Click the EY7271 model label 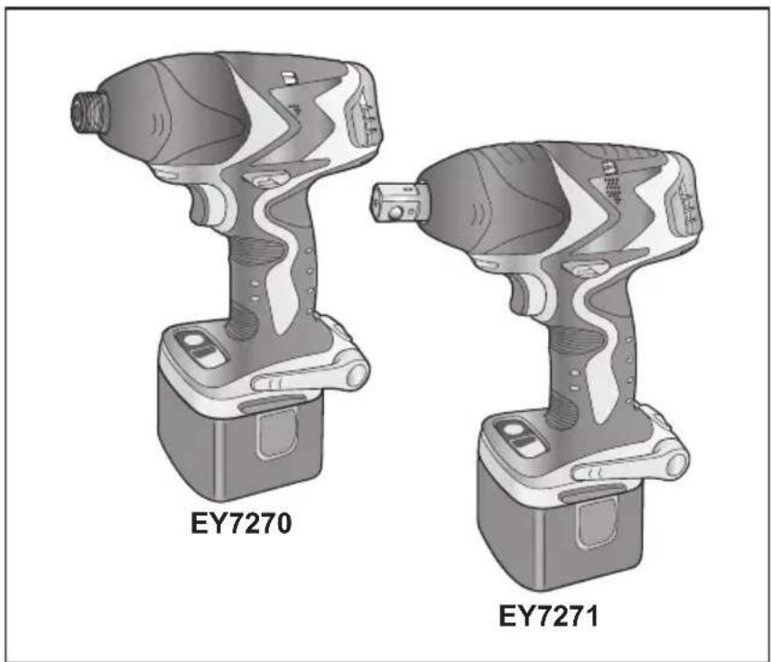pos(550,620)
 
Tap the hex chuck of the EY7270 pos(88,109)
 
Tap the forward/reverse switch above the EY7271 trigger pos(585,269)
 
